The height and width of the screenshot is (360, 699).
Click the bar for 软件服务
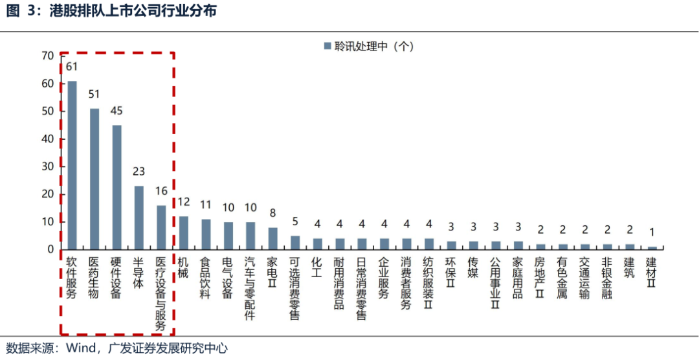[72, 165]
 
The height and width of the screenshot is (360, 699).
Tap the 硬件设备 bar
[116, 187]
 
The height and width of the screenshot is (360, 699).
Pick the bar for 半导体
[139, 218]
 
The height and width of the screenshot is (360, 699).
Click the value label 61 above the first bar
[72, 67]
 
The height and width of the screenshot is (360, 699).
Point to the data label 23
[139, 172]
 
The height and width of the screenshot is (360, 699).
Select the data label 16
[161, 192]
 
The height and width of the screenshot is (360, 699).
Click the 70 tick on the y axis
[47, 56]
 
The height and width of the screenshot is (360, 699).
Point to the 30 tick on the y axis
[47, 166]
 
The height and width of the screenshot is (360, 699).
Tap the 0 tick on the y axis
[50, 249]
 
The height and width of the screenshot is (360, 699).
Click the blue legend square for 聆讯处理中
[327, 47]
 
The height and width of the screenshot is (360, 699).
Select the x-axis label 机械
[183, 271]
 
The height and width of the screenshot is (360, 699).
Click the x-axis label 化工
[317, 271]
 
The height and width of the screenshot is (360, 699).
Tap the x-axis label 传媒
[473, 271]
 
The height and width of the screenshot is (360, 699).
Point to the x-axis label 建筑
[629, 271]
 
